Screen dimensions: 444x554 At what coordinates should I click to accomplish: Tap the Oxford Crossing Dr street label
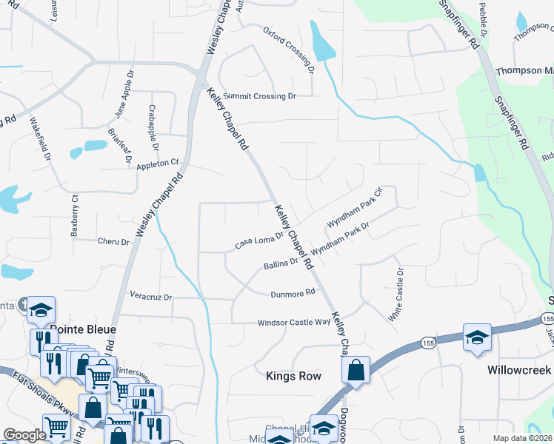pos(290,51)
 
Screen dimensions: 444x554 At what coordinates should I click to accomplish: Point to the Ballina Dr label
pos(280,262)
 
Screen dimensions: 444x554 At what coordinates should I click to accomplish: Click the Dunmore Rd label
pos(293,293)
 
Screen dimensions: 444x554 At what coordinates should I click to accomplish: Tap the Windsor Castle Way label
pos(293,323)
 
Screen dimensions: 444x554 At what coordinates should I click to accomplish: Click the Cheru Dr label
pos(113,240)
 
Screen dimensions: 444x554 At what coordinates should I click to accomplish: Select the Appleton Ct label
pos(158,163)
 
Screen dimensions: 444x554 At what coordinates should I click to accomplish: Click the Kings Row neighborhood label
pos(293,376)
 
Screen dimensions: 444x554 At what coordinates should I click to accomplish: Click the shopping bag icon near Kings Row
pos(356,370)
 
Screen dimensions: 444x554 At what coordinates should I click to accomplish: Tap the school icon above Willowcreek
pos(478,337)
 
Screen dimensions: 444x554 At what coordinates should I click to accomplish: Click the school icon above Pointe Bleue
pos(41,311)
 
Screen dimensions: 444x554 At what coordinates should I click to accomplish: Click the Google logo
pos(24,435)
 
